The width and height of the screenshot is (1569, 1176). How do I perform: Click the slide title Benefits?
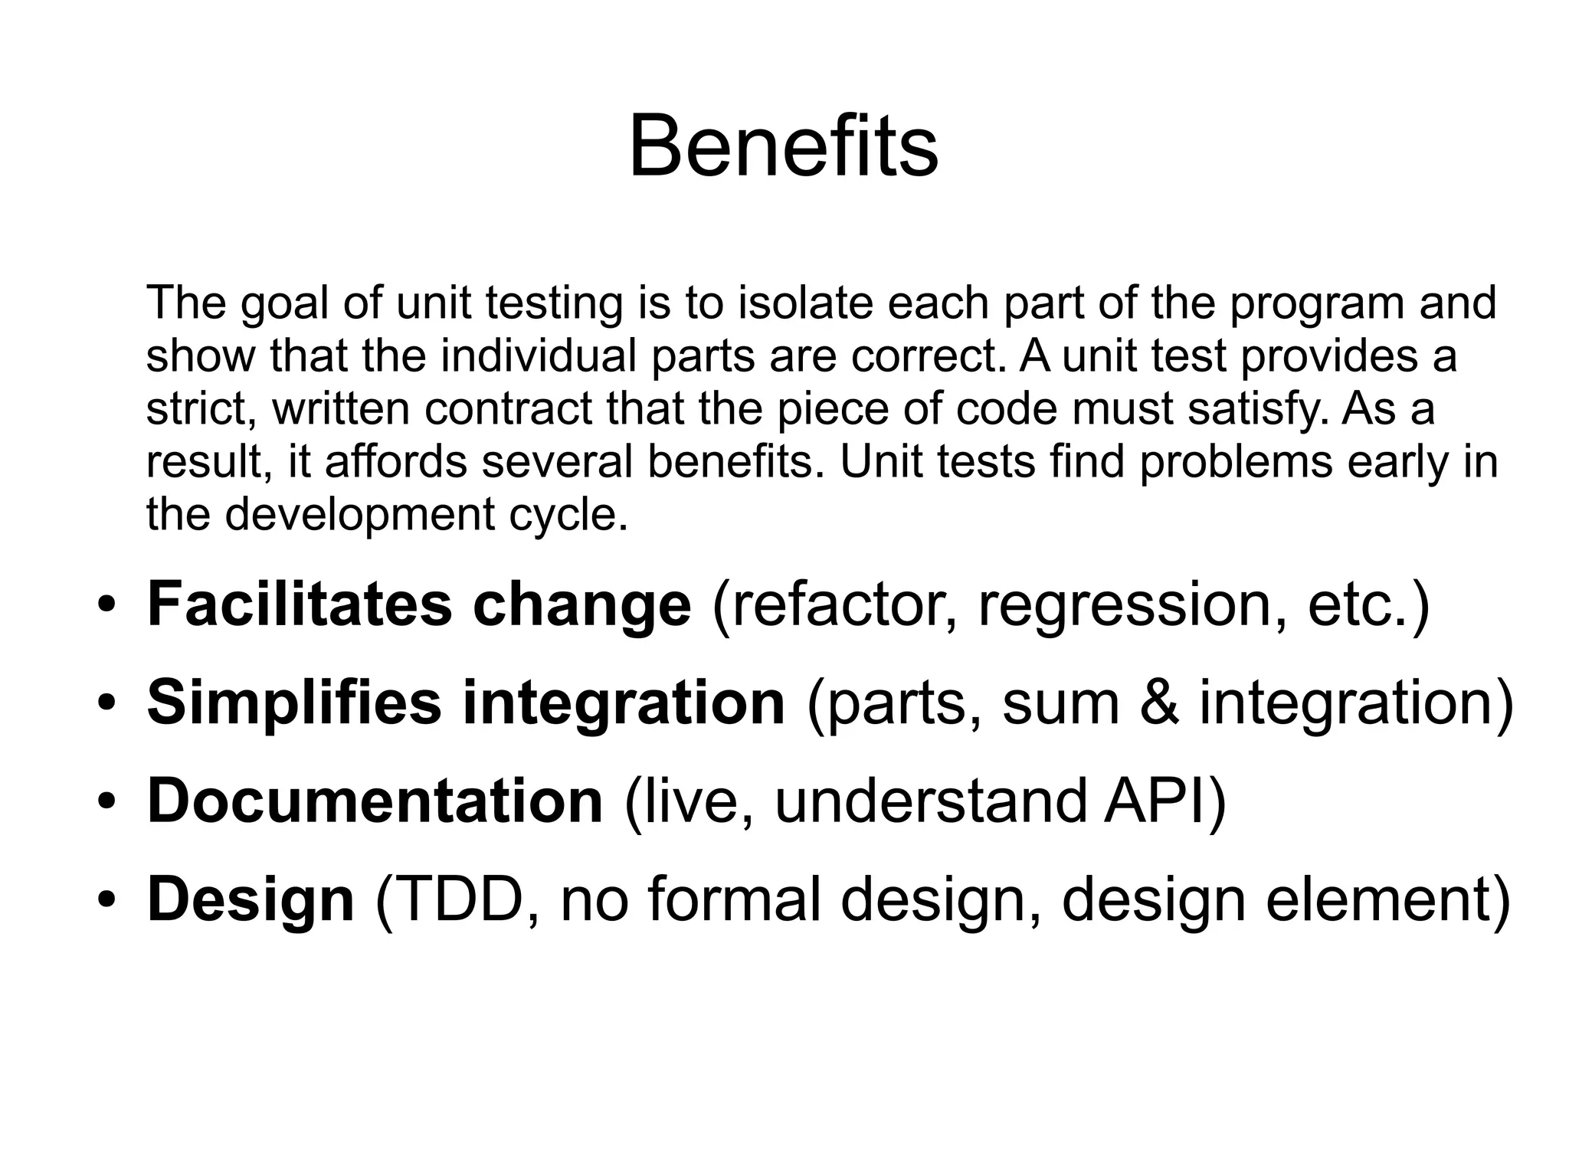tap(783, 146)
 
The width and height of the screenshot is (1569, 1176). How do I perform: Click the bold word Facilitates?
tap(300, 605)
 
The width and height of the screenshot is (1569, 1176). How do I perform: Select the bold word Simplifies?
tap(294, 703)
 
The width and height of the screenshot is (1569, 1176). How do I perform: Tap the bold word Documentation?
tap(375, 801)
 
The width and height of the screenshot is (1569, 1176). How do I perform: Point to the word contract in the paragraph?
tap(508, 408)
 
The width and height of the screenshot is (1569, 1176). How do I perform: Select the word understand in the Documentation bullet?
tap(930, 801)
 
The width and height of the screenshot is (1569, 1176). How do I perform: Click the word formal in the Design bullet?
tap(735, 900)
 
